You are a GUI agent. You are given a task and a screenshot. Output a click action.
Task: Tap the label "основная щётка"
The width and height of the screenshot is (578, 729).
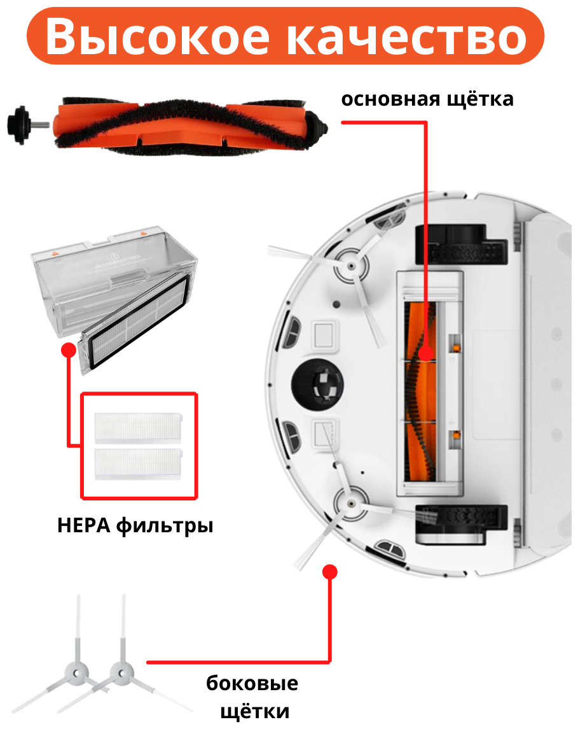(427, 100)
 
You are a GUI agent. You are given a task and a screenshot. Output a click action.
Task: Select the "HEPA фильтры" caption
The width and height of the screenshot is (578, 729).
(135, 526)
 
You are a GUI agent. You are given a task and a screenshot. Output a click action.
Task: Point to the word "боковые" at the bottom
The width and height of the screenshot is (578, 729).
(252, 684)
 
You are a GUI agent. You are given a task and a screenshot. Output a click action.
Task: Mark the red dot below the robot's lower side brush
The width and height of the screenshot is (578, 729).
(329, 572)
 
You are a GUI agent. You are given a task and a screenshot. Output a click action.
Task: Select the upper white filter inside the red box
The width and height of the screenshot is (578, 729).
(138, 427)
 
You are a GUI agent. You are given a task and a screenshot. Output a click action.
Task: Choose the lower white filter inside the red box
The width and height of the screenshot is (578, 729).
(138, 463)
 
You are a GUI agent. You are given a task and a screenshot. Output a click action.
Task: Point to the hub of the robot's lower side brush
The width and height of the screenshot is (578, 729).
(350, 500)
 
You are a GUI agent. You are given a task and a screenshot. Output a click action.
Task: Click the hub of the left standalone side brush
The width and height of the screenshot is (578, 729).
(79, 671)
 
